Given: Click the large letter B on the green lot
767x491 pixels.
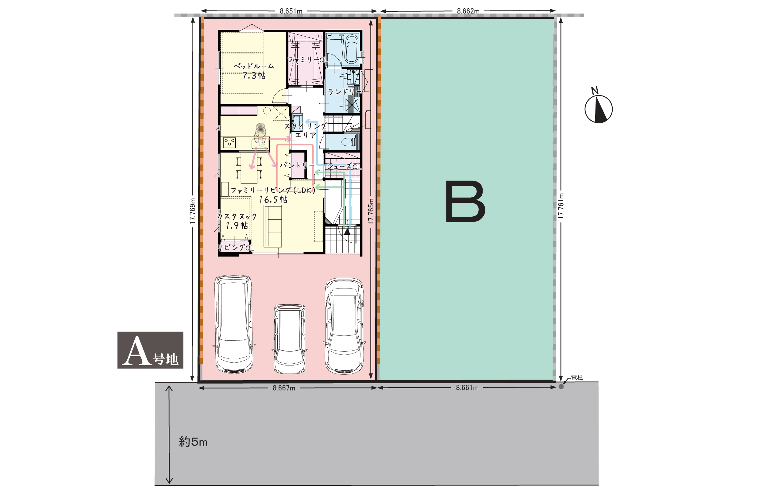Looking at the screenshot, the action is click(465, 201).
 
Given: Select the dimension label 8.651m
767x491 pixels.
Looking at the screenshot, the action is click(291, 11).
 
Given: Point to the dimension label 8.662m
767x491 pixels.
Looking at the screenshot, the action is click(468, 11).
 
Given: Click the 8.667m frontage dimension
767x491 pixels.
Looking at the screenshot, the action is click(284, 388).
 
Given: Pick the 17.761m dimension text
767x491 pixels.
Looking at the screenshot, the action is click(561, 206).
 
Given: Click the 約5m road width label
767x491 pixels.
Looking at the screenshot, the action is click(193, 442).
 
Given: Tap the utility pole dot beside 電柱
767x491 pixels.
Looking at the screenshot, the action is click(561, 387).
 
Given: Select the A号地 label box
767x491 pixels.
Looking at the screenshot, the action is click(150, 350).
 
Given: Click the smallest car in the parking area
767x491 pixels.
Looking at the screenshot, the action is click(290, 339).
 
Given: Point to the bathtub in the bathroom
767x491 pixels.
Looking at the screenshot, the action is click(352, 49).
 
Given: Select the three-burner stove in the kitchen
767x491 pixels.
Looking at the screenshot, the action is click(229, 142).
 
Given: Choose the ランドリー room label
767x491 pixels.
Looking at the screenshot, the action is click(345, 92).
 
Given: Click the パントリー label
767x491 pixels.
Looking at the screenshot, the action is click(297, 165).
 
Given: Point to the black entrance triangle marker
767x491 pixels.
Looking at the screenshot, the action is click(347, 231).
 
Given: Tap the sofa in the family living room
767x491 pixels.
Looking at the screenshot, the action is click(273, 226).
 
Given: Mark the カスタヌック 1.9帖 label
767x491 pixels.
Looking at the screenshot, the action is click(237, 221).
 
